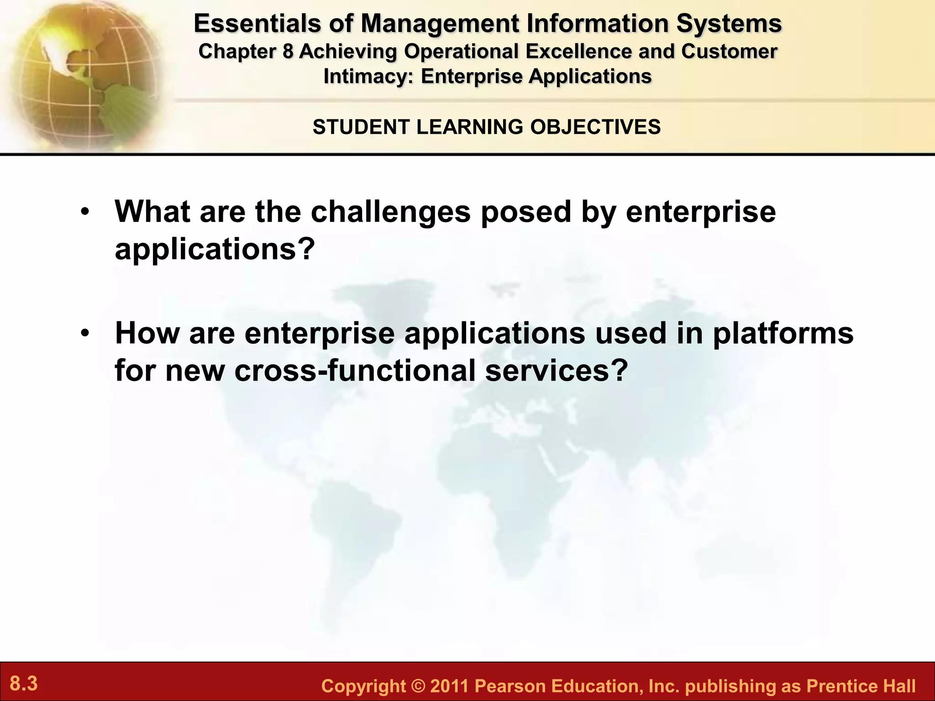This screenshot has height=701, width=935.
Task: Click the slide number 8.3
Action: coord(24,684)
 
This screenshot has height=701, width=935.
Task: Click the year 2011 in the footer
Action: coord(449,686)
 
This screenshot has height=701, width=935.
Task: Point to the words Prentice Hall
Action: coord(861,686)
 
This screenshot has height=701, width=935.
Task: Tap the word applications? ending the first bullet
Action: coord(215,249)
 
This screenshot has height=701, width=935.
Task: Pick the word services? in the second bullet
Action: coord(557,370)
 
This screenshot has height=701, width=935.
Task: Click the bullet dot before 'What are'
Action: coord(84,213)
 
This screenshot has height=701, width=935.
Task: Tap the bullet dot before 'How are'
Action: coord(84,334)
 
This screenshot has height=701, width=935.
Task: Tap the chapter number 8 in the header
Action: coord(287,51)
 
